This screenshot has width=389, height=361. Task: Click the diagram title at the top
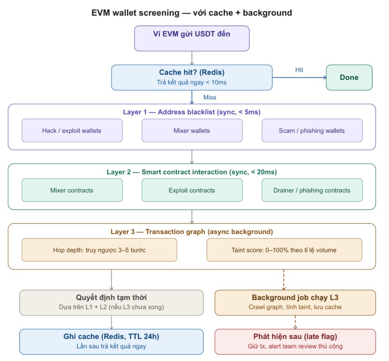tap(191, 13)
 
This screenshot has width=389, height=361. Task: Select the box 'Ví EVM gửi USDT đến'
tap(191, 38)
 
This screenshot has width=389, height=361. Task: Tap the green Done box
tap(349, 78)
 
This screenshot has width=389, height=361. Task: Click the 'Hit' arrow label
tap(299, 70)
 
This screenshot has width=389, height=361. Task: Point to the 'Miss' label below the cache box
tap(209, 97)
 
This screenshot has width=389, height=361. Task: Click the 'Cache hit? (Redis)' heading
tap(191, 73)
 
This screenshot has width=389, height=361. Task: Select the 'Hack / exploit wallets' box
tap(72, 130)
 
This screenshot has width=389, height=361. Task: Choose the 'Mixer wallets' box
tap(191, 130)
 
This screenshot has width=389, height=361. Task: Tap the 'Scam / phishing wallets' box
tap(312, 130)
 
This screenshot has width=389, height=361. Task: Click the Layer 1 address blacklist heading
tap(191, 112)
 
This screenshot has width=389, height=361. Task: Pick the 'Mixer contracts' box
tap(72, 190)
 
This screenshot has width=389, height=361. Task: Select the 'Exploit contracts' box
tap(191, 190)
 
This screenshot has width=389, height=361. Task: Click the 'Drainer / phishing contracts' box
tap(312, 190)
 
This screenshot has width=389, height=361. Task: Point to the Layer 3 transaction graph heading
tap(191, 231)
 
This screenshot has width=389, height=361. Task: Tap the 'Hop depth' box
tap(99, 250)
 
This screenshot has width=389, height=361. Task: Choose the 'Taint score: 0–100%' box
tap(284, 250)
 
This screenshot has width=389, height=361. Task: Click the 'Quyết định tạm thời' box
tap(111, 302)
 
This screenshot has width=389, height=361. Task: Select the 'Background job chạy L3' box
tap(295, 302)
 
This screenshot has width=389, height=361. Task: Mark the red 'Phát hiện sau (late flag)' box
tap(295, 341)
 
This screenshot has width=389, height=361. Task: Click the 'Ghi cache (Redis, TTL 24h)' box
tap(111, 341)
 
